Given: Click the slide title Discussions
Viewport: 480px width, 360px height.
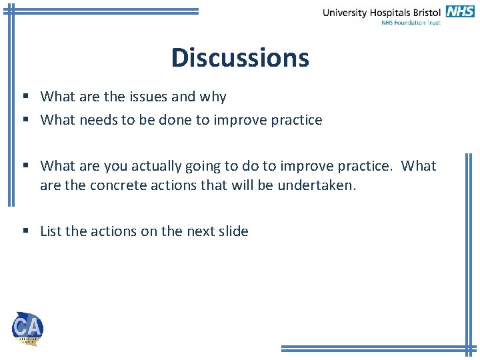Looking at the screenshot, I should pyautogui.click(x=240, y=58).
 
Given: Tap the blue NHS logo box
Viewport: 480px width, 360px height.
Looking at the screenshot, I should pyautogui.click(x=460, y=11).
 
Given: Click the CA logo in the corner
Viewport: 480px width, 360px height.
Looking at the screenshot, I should pyautogui.click(x=27, y=328).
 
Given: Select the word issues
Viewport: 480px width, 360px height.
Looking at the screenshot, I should pyautogui.click(x=148, y=97).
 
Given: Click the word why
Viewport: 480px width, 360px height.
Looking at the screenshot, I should pyautogui.click(x=213, y=97).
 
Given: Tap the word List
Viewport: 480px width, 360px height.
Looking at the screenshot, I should pyautogui.click(x=51, y=231).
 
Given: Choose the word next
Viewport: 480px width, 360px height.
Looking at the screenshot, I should pyautogui.click(x=200, y=231).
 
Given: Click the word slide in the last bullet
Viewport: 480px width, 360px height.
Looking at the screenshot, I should pyautogui.click(x=233, y=231).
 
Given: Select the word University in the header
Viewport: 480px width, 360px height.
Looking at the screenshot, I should pyautogui.click(x=345, y=13).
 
